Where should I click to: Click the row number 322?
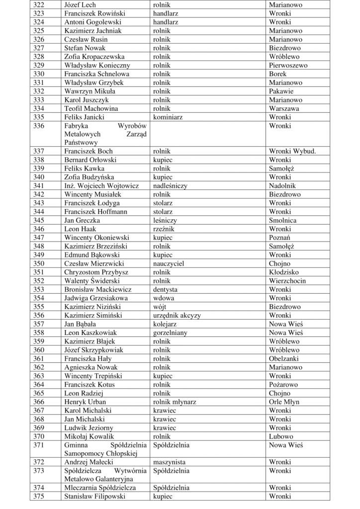tap(39, 4)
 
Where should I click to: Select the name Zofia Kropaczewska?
tap(94, 57)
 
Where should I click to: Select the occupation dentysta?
tap(166, 289)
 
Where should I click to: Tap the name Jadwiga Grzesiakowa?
tap(96, 298)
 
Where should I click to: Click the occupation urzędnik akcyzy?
tap(177, 315)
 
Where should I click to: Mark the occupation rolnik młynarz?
tap(175, 402)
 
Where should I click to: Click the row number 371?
tap(39, 445)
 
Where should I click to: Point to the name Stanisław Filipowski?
tap(95, 497)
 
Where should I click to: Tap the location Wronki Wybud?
tap(292, 151)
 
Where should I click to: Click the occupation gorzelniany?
tap(171, 333)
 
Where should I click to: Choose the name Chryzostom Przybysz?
tap(96, 272)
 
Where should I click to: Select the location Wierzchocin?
tap(287, 281)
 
